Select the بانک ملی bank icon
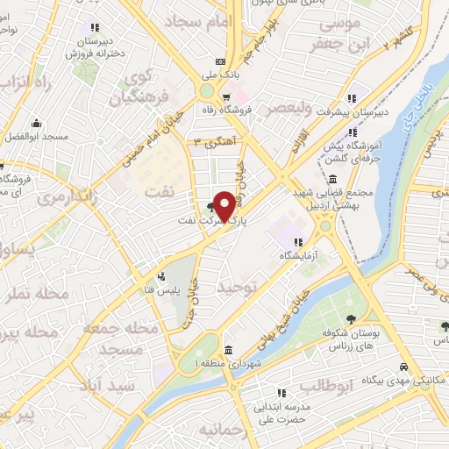[221, 61]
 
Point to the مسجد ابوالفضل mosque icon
[36, 124]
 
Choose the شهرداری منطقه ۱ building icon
[229, 350]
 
